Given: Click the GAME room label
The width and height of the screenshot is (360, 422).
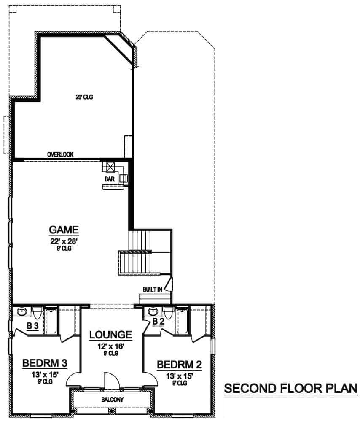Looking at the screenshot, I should (x=64, y=230).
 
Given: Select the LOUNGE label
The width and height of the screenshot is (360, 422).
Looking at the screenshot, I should (x=111, y=335).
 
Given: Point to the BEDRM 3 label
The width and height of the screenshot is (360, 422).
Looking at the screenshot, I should (x=45, y=363).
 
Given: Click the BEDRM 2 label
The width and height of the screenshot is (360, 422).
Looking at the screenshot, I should (x=179, y=364).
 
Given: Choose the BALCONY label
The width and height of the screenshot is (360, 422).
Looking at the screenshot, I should (x=111, y=399).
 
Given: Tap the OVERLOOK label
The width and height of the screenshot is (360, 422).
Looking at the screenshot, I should (x=60, y=155).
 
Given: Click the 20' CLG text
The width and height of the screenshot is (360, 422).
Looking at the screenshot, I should (x=84, y=97).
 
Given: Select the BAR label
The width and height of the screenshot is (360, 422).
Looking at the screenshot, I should (x=110, y=179).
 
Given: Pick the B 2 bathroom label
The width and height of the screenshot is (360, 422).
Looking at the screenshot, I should (x=158, y=322).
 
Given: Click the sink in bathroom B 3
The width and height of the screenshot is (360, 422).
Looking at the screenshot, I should (x=21, y=312).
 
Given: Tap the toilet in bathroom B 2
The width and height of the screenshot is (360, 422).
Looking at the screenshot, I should (x=169, y=314).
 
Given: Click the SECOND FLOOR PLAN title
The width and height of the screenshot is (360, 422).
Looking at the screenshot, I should (x=290, y=388).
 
